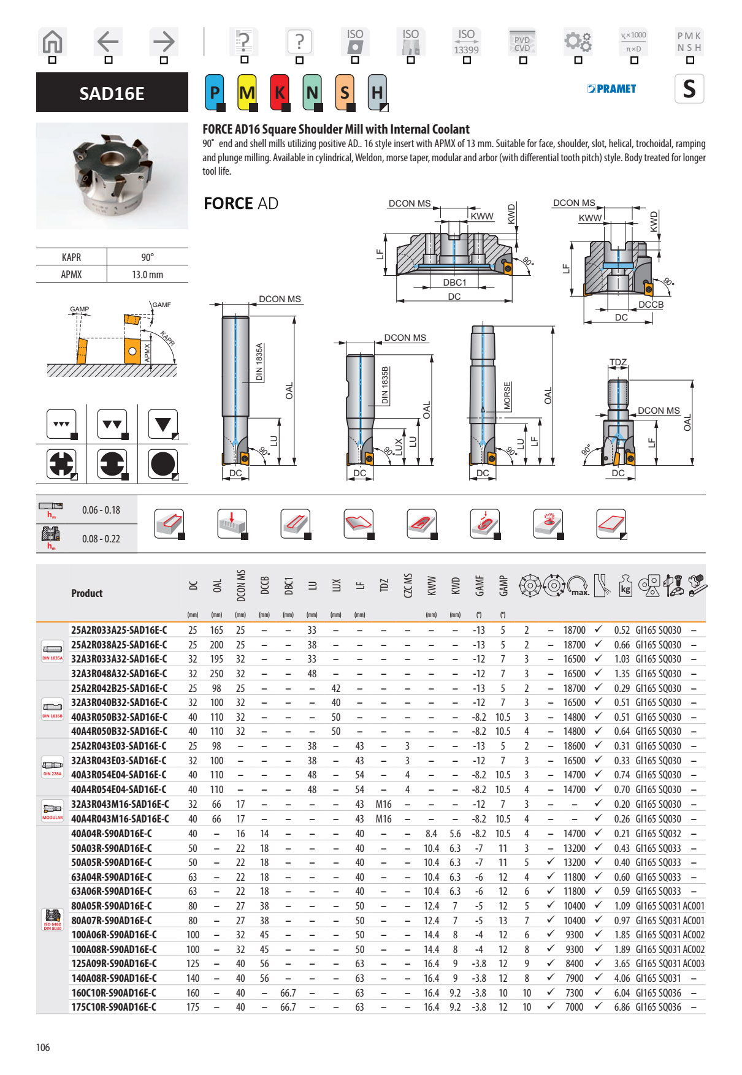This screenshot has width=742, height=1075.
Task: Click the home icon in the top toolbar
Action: tap(52, 42)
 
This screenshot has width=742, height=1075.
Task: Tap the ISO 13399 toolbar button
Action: tap(466, 42)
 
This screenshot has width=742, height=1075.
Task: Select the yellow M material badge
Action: tap(247, 93)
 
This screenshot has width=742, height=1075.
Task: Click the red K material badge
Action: tap(280, 93)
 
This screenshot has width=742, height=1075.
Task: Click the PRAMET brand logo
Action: tap(611, 89)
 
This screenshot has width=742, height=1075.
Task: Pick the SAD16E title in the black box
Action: tap(112, 93)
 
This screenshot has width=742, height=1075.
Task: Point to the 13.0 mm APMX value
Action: tap(147, 275)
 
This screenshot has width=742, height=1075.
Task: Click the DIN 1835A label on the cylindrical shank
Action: tap(259, 362)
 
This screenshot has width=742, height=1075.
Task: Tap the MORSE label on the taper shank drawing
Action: tap(507, 395)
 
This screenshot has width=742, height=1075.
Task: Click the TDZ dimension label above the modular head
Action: tap(618, 362)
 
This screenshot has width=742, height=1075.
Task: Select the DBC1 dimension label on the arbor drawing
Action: tap(454, 283)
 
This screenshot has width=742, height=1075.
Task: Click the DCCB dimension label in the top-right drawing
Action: tap(651, 305)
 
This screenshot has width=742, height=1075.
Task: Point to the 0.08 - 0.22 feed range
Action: tap(101, 539)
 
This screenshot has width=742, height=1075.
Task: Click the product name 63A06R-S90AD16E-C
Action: tap(112, 891)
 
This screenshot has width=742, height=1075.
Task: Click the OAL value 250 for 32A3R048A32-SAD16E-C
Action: tap(216, 674)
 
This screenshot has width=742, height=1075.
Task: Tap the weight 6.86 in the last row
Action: tap(622, 1007)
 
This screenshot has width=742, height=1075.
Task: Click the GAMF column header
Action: tap(480, 585)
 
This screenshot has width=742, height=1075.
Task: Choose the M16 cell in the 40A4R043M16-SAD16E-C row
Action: tap(383, 819)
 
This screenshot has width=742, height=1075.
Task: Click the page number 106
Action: tap(43, 1047)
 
